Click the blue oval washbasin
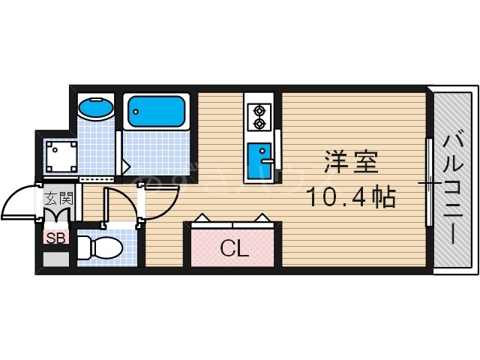click(95, 110)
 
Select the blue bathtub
click(155, 112)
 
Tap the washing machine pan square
click(59, 157)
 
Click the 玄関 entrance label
click(58, 199)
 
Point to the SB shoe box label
click(55, 238)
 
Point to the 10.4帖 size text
click(351, 197)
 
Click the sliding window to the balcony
click(429, 181)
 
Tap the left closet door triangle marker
click(202, 220)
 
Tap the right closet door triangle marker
click(262, 220)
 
